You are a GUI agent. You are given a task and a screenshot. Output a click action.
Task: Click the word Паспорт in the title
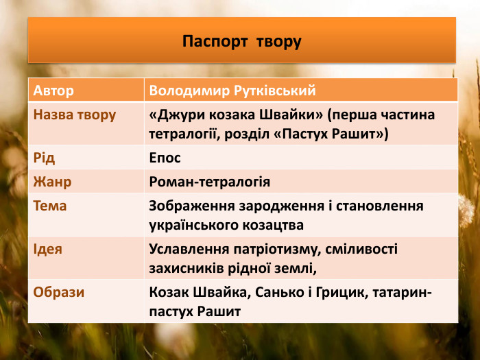tap(215, 41)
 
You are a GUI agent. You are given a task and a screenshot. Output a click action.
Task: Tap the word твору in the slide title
tap(278, 41)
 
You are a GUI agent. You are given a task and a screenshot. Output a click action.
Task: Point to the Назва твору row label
tap(75, 115)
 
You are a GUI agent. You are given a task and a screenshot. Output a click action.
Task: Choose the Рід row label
tap(45, 158)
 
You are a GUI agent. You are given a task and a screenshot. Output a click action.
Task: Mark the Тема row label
tap(50, 206)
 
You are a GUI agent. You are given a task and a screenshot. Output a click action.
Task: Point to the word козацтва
tap(270, 224)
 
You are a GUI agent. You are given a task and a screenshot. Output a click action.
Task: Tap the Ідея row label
tap(48, 249)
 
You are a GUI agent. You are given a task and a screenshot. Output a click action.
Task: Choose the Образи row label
tap(59, 292)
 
